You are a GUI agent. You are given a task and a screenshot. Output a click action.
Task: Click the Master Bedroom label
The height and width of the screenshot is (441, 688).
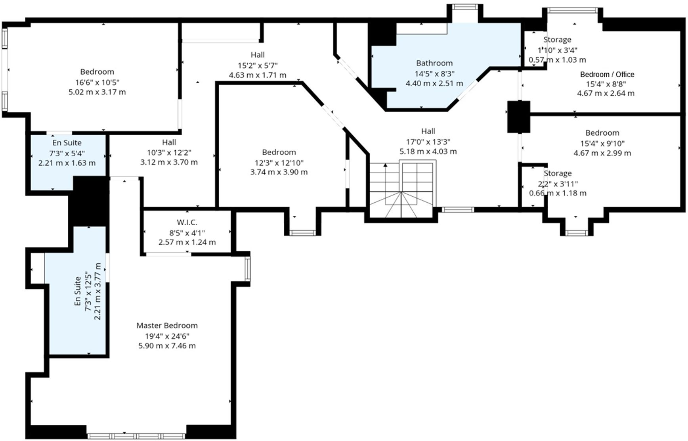point(167,326)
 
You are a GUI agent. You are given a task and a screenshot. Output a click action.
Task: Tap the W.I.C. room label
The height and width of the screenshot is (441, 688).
point(187,222)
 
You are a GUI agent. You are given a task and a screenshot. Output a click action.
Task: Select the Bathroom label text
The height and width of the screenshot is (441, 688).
point(434,63)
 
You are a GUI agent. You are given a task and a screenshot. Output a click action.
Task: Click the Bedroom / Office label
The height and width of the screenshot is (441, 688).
point(607,75)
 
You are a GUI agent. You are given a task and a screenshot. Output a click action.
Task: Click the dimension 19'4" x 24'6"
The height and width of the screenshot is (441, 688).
point(167,336)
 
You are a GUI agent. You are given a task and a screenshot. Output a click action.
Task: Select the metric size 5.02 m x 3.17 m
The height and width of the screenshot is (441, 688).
point(97,92)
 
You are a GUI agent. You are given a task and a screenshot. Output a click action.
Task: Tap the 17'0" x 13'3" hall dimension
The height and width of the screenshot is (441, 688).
point(428,142)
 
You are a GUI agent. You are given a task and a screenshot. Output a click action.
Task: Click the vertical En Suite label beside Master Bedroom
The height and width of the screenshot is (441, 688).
point(78,291)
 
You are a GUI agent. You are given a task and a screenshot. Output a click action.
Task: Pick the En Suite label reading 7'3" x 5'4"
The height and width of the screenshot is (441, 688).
point(67,143)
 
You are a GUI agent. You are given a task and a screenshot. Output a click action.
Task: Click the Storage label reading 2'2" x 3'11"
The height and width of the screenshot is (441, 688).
point(558,173)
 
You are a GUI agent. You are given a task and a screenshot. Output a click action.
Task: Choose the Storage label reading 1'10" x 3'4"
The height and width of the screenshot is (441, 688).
point(557,40)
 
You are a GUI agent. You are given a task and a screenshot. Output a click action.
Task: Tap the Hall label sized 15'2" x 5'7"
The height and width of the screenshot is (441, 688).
point(257,55)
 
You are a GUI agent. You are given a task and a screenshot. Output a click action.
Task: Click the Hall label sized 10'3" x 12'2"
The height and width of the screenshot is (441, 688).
point(169,142)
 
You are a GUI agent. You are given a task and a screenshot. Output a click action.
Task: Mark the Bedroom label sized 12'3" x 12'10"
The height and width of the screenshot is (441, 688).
point(279,152)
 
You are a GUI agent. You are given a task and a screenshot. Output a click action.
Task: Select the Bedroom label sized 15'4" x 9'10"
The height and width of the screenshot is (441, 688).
point(602,133)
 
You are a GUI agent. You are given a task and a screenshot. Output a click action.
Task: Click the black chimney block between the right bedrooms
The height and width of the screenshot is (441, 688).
point(518,117)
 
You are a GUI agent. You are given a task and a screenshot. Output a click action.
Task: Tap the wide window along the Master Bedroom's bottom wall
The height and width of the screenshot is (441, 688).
point(136,436)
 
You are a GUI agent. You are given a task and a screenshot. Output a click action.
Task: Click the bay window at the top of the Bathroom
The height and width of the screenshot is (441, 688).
point(465,7)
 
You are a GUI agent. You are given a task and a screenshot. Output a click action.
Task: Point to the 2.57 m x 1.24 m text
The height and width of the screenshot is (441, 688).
point(187,242)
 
